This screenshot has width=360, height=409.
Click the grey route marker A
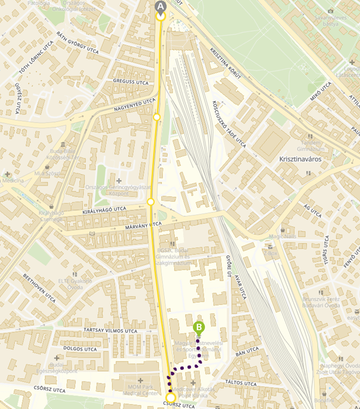(x=160, y=7)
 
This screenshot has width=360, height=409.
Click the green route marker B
(x=199, y=326)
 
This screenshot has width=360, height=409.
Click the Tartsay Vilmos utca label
(x=110, y=331)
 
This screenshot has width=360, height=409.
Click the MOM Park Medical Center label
(x=140, y=390)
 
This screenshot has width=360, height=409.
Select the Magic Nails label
(x=282, y=237)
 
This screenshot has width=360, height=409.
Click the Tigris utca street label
(x=326, y=253)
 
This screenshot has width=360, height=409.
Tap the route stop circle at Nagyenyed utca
(x=157, y=117)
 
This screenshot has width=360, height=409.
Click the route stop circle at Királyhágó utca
(x=151, y=202)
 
